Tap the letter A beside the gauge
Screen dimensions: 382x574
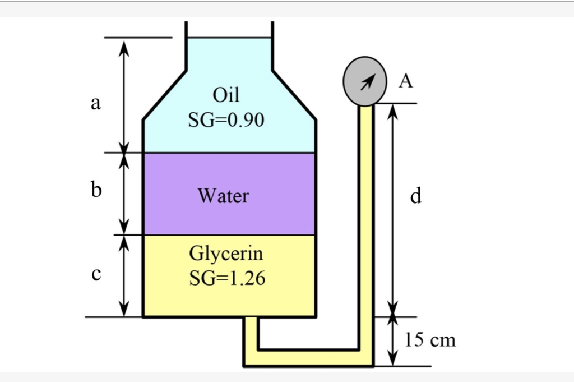(x=406, y=82)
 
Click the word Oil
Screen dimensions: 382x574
(x=226, y=95)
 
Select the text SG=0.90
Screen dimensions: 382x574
(x=226, y=120)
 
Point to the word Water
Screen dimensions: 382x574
(x=223, y=196)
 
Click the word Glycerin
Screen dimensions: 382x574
(x=226, y=254)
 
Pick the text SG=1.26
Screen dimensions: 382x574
(x=226, y=278)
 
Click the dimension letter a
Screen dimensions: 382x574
(x=96, y=103)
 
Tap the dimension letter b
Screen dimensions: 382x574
(x=96, y=191)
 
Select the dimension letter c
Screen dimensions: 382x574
(x=96, y=274)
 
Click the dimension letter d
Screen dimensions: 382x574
(x=415, y=196)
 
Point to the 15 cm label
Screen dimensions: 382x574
(x=430, y=339)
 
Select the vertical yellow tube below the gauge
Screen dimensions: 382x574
(x=366, y=224)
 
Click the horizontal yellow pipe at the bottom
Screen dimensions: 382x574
(x=308, y=357)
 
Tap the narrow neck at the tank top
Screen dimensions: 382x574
(x=229, y=53)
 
